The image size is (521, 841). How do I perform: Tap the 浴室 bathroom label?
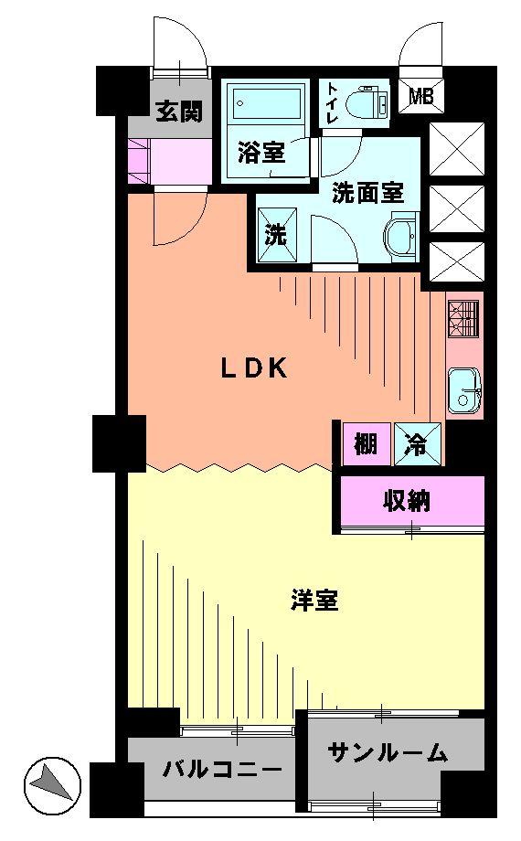pos(261,153)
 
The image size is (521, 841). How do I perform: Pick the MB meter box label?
pos(421,95)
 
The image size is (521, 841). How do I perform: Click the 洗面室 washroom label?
pos(367,193)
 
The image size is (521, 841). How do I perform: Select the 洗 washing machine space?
pos(275,234)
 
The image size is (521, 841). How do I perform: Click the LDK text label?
pos(255,368)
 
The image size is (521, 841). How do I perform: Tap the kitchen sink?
pos(464,390)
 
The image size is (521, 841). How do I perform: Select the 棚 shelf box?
pos(367,445)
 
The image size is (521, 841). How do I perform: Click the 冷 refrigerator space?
pos(417,445)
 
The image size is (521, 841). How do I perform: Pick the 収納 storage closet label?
pos(408,501)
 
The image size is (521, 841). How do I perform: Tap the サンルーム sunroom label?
pos(388,752)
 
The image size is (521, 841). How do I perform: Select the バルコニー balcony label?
pos(223,771)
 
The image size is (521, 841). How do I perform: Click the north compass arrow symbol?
pos(50,782)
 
